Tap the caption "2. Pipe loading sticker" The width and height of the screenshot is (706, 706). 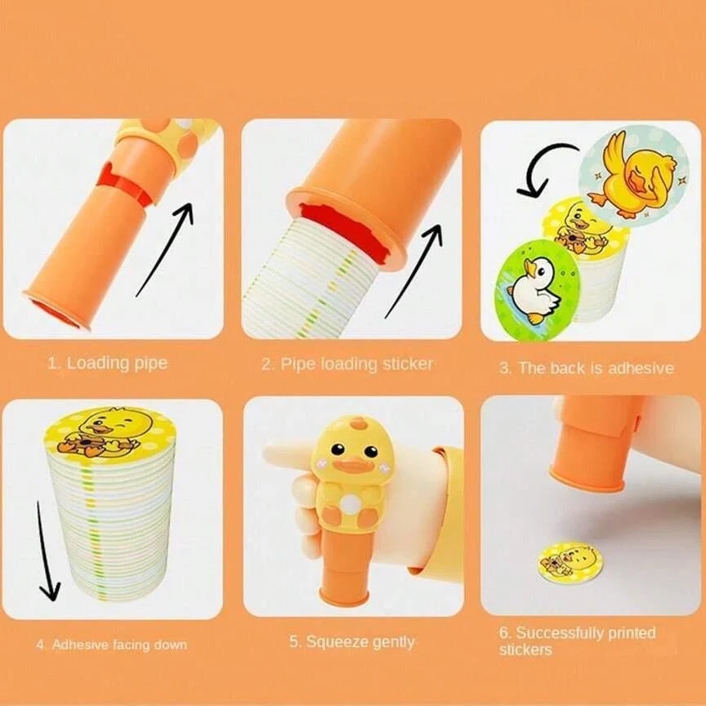pyautogui.click(x=347, y=364)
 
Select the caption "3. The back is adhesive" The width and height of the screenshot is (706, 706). pyautogui.click(x=587, y=368)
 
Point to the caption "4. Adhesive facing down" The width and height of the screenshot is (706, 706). pyautogui.click(x=111, y=645)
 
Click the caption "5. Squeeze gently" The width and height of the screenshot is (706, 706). pyautogui.click(x=351, y=641)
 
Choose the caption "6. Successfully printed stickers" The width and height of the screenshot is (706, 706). pyautogui.click(x=577, y=641)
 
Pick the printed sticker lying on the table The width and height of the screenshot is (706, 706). pyautogui.click(x=570, y=562)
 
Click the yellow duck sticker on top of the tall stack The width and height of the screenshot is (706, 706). pyautogui.click(x=110, y=432)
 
